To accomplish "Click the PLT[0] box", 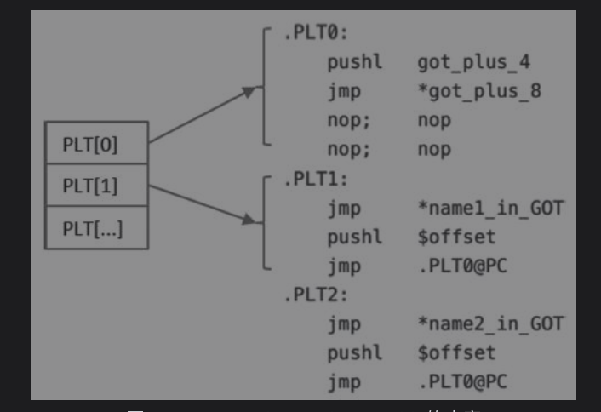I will point(96,144).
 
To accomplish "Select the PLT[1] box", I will point(96,186).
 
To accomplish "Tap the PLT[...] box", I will point(96,228).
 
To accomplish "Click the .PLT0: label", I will point(316,33).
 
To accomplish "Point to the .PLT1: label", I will point(316,180).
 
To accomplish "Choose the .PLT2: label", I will point(316,295).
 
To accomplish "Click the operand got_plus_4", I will point(475,62).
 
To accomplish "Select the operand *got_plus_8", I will point(479,91).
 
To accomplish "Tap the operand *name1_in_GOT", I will point(490,209).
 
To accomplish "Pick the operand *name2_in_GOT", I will point(490,323).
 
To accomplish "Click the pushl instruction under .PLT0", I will point(355,62).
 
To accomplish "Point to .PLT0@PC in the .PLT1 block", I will point(462,266).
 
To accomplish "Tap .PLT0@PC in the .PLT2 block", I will point(462,381).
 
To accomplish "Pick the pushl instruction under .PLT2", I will point(355,352).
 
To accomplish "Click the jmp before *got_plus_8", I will point(344,91).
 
